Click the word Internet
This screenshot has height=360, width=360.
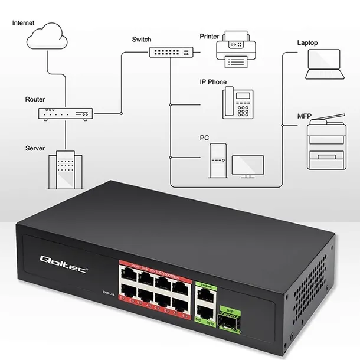click(x=23, y=23)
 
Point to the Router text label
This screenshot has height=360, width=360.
click(x=35, y=100)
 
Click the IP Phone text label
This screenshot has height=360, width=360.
click(x=213, y=82)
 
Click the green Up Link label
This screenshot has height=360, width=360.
click(x=206, y=286)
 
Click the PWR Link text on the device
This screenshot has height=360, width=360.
click(x=108, y=293)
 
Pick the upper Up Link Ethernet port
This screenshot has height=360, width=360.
click(x=205, y=297)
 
